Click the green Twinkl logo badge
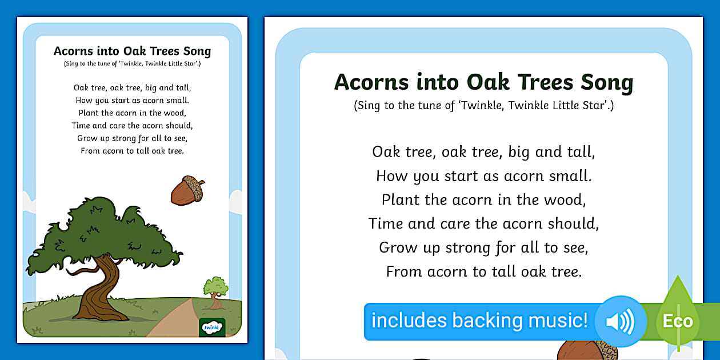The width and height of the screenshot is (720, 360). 212,327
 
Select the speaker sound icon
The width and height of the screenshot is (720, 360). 621,322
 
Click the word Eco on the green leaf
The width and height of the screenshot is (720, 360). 678,321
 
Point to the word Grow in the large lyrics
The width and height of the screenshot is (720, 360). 397,247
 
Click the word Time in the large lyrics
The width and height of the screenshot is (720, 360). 386,223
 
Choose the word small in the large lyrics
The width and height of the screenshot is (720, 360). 571,176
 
